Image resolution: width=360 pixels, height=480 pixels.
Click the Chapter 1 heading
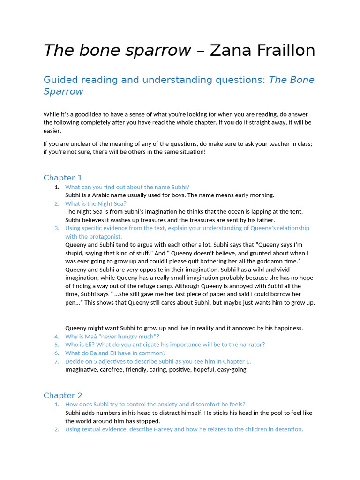point(63,178)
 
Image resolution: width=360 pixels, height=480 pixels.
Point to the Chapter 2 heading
point(63,395)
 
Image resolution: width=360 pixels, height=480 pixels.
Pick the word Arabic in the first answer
point(107,195)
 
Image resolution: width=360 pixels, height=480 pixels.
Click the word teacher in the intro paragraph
point(264,144)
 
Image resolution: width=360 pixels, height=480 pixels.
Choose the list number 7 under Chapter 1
point(56,361)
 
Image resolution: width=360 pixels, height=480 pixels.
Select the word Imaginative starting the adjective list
point(82,370)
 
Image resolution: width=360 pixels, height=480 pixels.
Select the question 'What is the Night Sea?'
point(96,203)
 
